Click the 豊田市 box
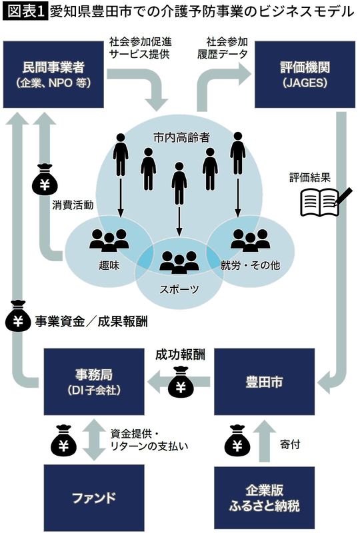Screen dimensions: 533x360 click(x=263, y=383)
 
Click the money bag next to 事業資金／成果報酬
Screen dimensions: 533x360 click(x=18, y=319)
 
